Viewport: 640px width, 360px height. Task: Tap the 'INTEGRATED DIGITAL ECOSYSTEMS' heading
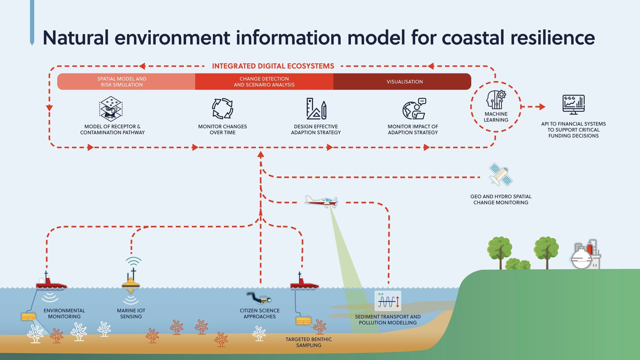(x=273, y=66)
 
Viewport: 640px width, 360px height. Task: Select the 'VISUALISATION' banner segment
(x=404, y=82)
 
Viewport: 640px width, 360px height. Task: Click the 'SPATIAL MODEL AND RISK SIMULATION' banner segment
(x=122, y=82)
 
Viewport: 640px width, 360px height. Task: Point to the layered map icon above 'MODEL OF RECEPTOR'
(x=111, y=109)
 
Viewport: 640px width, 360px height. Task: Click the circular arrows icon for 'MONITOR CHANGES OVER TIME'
(x=222, y=109)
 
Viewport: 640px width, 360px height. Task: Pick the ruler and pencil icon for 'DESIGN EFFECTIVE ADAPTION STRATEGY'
(x=316, y=109)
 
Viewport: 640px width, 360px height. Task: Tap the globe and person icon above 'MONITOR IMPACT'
(x=414, y=109)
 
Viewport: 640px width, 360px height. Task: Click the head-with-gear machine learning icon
(x=496, y=100)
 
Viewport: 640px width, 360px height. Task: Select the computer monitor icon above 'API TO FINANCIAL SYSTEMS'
(x=574, y=104)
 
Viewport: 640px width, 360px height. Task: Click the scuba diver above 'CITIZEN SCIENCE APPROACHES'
(x=259, y=298)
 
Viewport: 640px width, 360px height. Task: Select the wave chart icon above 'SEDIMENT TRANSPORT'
(x=388, y=301)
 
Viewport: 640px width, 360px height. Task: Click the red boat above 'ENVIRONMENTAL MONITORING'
(x=50, y=284)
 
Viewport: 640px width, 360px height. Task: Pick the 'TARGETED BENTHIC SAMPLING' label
(x=308, y=342)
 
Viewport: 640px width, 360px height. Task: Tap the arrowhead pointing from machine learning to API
(x=542, y=107)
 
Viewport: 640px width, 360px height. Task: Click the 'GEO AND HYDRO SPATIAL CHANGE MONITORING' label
(x=501, y=200)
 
